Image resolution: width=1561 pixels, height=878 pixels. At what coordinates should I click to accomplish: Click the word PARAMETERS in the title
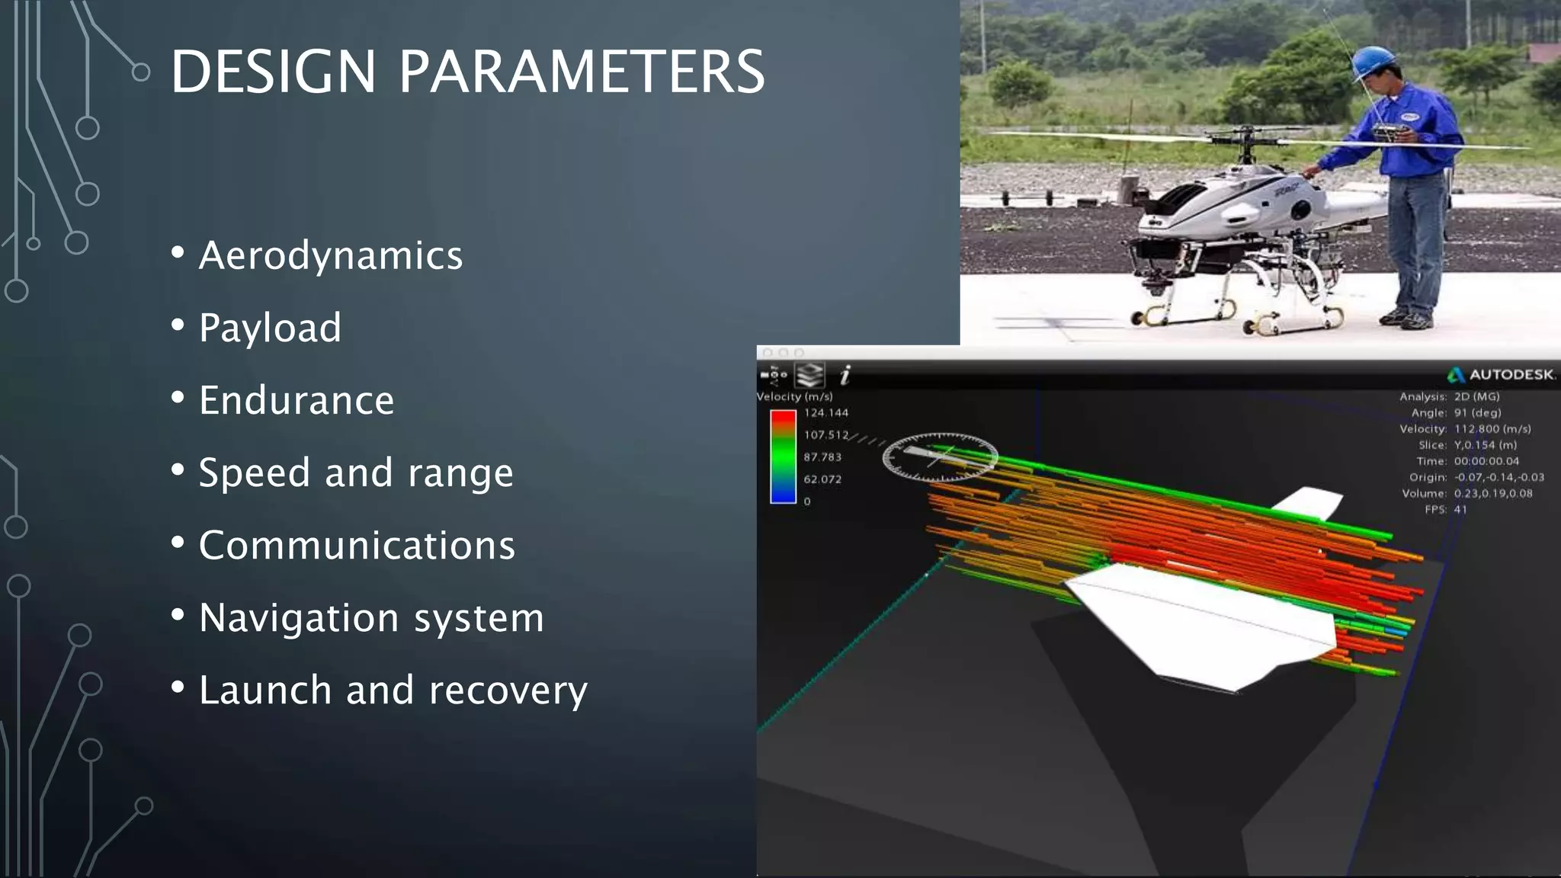pos(582,72)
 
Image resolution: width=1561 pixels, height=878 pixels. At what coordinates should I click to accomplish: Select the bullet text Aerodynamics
pos(330,255)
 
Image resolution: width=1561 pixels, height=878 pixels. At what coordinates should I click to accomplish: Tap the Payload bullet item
pos(270,328)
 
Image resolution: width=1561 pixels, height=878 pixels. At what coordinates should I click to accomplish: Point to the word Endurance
pos(296,400)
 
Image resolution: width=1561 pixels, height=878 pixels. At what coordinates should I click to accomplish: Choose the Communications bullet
pos(357,546)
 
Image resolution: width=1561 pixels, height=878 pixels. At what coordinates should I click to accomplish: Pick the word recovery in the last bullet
pos(508,691)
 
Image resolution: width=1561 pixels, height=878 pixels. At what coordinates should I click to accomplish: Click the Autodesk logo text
pos(1510,375)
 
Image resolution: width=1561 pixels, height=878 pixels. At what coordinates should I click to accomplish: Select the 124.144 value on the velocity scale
pos(826,413)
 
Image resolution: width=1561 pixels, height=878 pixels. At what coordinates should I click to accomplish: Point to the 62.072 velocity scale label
pos(822,479)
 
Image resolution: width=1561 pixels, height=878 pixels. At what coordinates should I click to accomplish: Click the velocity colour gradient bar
pos(783,457)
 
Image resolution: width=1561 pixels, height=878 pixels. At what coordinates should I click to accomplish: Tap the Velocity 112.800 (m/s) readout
pos(1492,429)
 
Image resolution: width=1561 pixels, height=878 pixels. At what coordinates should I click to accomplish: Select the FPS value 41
pos(1460,510)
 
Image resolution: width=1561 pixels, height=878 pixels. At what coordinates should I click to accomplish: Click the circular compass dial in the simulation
pos(940,457)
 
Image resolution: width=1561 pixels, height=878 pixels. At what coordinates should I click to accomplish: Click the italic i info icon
pos(845,375)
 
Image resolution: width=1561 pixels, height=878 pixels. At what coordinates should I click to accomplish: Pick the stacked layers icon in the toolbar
pos(809,375)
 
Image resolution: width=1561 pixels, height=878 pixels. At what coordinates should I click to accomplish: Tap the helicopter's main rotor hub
pos(1247,137)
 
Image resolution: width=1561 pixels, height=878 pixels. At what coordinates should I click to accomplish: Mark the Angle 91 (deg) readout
pos(1477,413)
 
